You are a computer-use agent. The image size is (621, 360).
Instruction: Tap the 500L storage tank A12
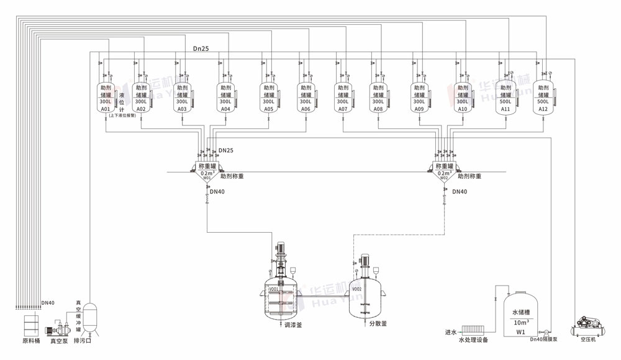(x=543, y=98)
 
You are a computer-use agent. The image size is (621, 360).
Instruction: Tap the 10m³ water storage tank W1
(x=520, y=316)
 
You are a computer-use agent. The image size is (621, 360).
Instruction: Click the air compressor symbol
(x=587, y=325)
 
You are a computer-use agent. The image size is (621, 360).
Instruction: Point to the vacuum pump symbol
(x=60, y=328)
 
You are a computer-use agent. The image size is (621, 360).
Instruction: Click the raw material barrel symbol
(x=31, y=325)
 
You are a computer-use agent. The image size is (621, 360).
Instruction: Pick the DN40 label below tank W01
(x=217, y=192)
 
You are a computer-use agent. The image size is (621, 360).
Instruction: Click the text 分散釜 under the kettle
(x=378, y=323)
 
